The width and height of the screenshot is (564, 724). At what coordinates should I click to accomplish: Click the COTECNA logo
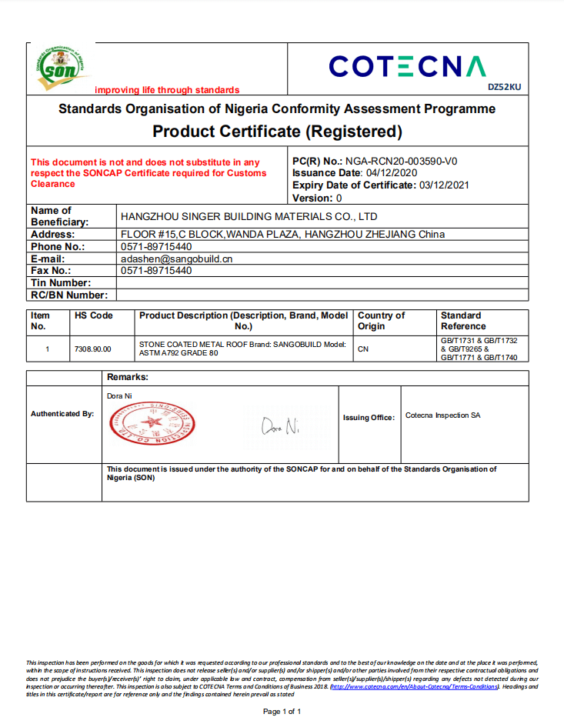tap(408, 67)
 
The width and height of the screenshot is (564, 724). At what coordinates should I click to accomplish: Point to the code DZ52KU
tap(504, 87)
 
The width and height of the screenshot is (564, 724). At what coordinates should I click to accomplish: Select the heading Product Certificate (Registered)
tap(277, 132)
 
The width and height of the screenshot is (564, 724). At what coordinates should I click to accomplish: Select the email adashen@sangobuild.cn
tap(177, 259)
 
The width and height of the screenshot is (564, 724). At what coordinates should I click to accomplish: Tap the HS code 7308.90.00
tap(92, 349)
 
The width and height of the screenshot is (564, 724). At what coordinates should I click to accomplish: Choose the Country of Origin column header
tap(381, 321)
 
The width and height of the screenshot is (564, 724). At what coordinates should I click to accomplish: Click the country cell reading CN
tap(364, 349)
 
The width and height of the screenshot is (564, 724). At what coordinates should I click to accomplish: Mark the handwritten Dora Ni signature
tap(280, 425)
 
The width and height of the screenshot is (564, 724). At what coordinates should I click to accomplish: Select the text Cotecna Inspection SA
tap(442, 415)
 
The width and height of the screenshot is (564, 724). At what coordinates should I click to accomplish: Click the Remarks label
tap(128, 378)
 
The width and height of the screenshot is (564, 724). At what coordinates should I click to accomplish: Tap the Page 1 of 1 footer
tap(282, 712)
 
